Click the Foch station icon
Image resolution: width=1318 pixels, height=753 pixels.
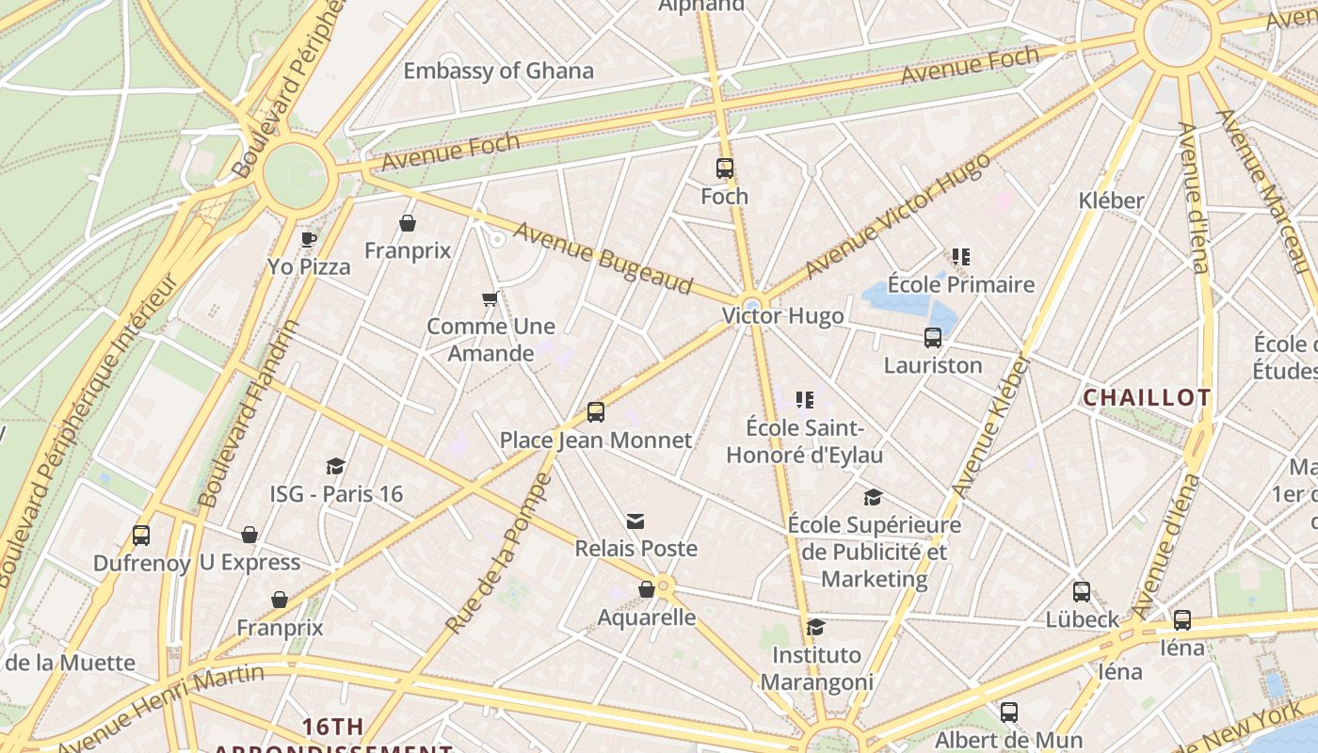[724, 168]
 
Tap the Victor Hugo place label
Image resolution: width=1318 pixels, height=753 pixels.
[782, 316]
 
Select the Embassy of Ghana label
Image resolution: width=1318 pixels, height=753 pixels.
[498, 71]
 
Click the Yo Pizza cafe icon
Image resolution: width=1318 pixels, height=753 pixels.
[308, 239]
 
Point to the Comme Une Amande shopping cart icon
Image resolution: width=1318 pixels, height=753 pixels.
[490, 299]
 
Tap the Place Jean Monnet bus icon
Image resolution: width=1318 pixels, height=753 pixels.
[595, 412]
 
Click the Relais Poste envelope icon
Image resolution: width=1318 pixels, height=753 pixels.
[635, 521]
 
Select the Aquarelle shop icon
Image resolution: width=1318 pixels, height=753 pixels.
[647, 590]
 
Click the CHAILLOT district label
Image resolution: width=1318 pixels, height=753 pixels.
[1147, 397]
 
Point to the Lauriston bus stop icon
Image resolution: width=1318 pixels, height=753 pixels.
[932, 338]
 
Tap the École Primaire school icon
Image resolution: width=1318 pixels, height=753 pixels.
[960, 257]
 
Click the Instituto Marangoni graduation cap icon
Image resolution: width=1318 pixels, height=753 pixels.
[816, 627]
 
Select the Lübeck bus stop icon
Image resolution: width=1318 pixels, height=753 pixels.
[1082, 592]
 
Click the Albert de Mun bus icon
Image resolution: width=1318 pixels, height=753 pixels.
[1008, 713]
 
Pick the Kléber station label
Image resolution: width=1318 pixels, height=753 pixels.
[1111, 200]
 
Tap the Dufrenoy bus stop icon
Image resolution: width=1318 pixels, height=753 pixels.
[140, 536]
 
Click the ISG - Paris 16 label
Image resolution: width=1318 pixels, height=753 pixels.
[336, 494]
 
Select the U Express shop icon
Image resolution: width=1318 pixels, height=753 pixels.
[249, 536]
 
